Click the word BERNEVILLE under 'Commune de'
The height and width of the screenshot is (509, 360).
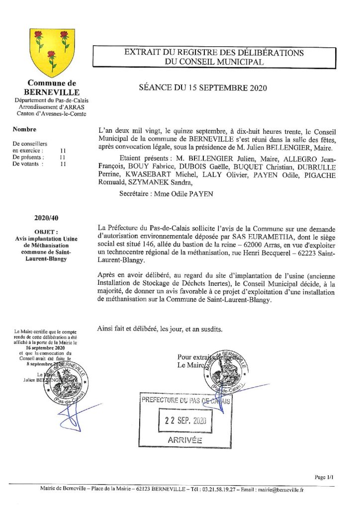tap(51, 92)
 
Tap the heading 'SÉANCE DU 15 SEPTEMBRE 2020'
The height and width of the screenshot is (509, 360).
tap(203, 88)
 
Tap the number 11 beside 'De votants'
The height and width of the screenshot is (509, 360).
tap(63, 164)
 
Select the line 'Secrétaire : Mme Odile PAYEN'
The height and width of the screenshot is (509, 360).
tap(166, 194)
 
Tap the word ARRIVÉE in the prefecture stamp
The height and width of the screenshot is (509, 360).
tap(185, 440)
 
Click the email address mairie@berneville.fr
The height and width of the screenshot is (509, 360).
tap(282, 489)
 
